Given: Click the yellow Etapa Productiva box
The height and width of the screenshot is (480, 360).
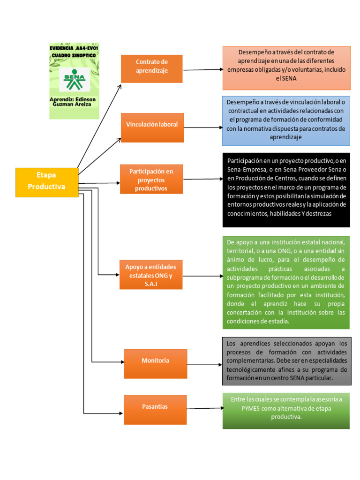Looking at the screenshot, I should point(47,182).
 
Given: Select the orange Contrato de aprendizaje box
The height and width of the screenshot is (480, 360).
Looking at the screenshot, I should point(151,68).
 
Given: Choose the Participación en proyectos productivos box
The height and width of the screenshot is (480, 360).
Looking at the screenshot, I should point(151,179).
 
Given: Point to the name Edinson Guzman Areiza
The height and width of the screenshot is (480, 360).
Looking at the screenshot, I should point(74,102).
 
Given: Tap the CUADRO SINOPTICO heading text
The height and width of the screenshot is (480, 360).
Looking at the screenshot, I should point(74,56).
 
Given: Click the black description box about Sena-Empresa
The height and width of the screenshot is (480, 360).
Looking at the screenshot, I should point(286,192).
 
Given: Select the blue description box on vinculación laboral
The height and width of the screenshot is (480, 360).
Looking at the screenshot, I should point(286,120).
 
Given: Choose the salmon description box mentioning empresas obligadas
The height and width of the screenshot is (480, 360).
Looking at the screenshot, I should point(286,67).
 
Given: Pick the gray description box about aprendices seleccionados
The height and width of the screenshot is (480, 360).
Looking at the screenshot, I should point(286,361).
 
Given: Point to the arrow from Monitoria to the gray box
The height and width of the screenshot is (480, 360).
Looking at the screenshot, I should point(204,365).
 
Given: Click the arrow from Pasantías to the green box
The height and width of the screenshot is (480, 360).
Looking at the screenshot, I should point(204,408).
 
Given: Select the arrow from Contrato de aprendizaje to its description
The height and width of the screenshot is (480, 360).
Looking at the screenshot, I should point(202,70).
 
